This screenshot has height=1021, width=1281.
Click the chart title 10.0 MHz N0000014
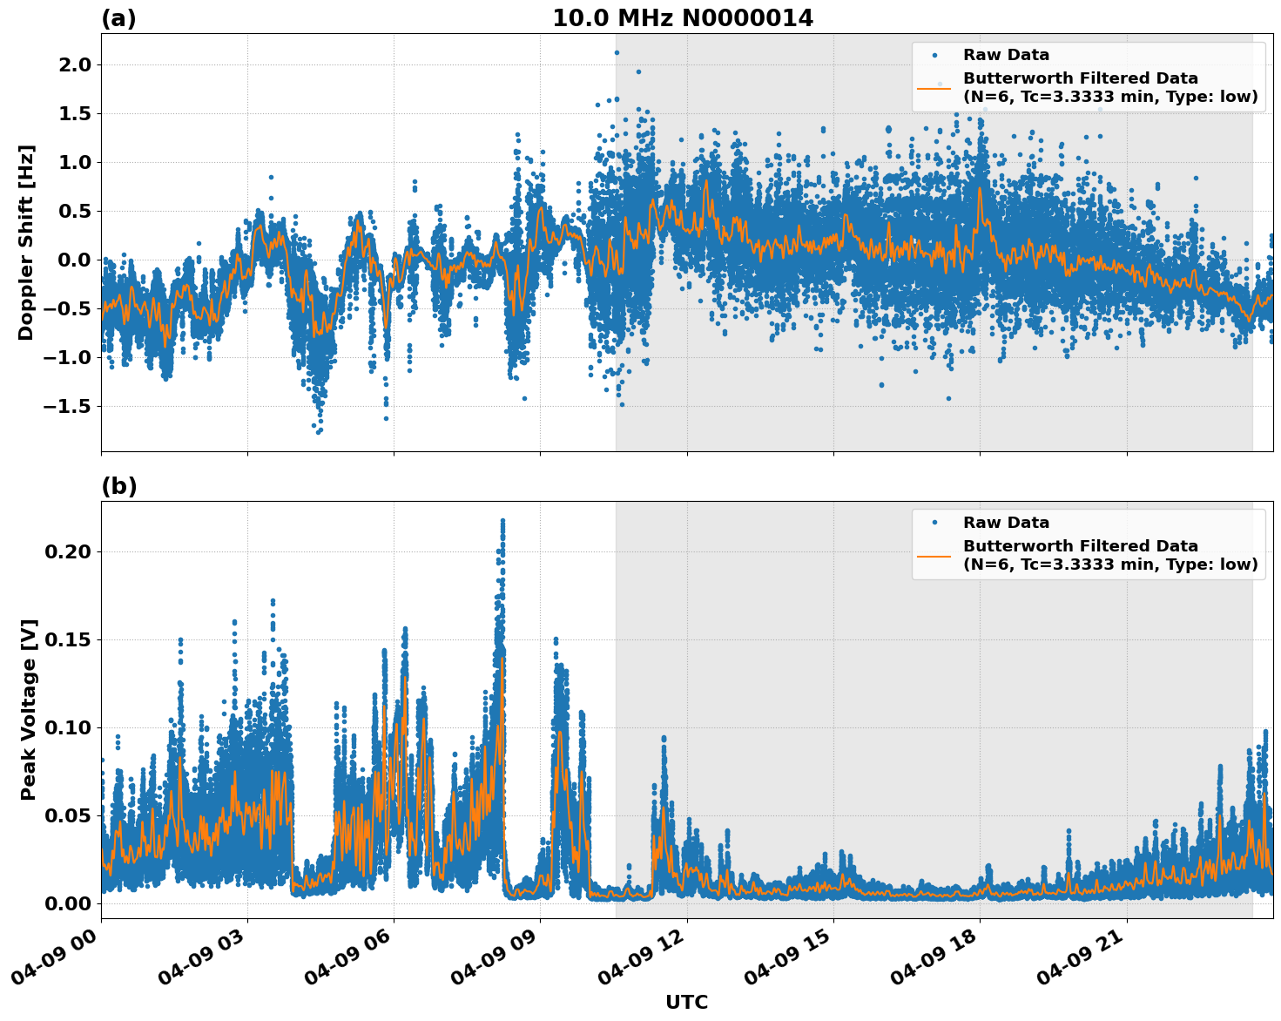683,18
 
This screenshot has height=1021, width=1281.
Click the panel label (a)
118,18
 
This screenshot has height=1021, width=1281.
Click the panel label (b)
118,486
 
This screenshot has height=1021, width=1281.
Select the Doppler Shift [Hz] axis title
26,242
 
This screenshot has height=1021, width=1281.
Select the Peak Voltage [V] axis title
29,709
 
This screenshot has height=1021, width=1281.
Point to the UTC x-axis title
686,1002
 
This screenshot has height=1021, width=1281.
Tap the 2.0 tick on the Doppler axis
72,65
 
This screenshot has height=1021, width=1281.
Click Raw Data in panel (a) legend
1006,55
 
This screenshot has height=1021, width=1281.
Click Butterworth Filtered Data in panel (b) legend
1080,546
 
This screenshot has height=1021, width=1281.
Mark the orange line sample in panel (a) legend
934,88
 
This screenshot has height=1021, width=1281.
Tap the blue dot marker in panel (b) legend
934,523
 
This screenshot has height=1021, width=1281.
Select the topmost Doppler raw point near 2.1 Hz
617,52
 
